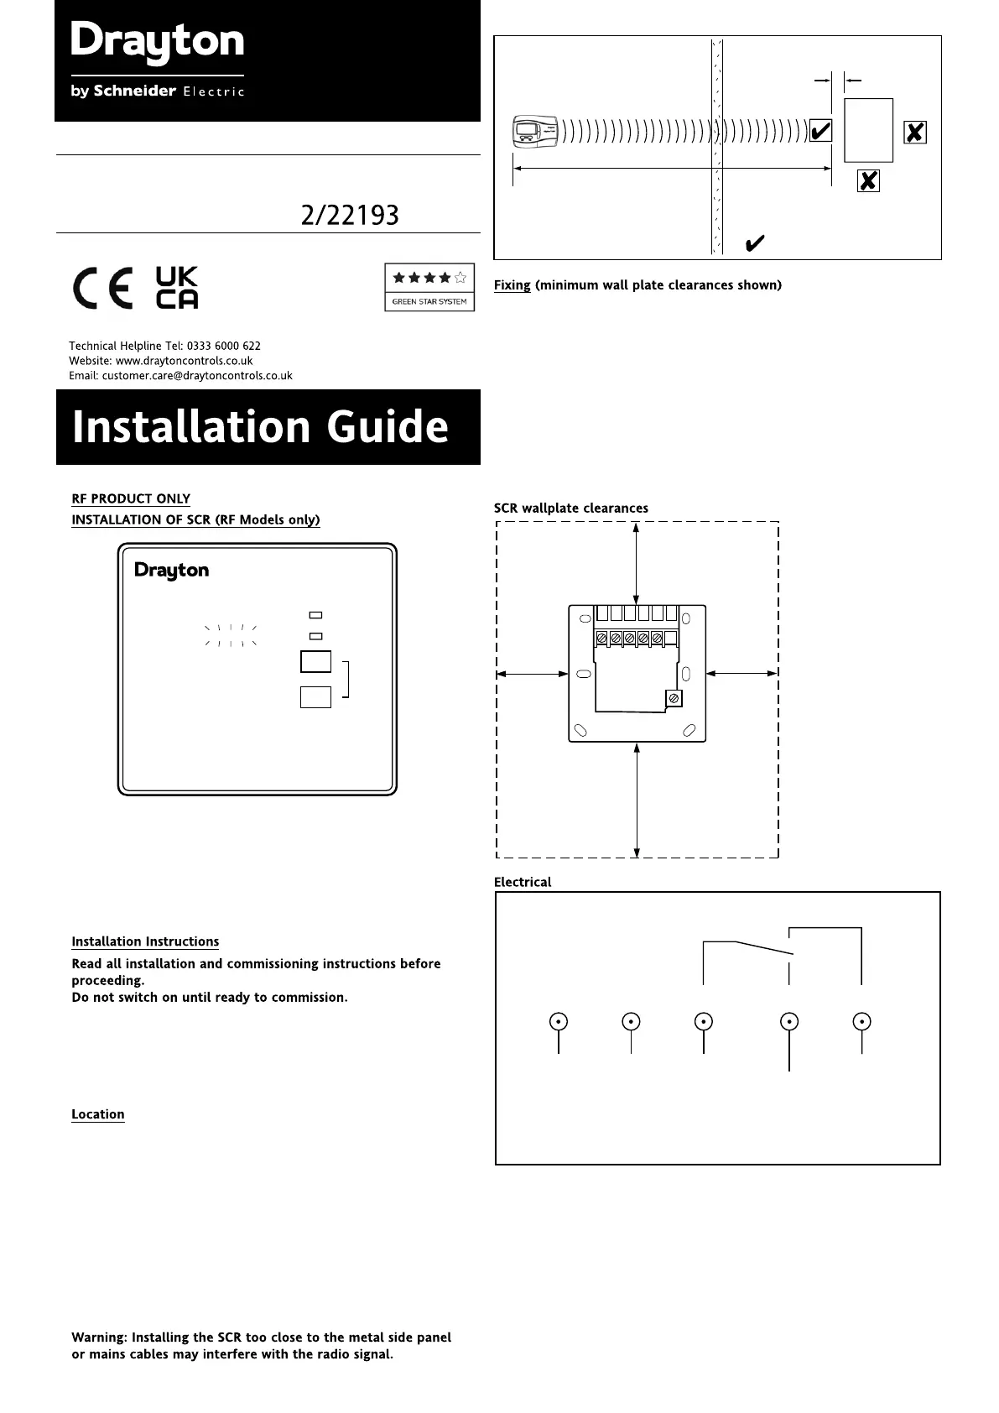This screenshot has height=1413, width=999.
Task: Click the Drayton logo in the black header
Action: tap(158, 43)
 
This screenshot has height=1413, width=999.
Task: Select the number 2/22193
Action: tap(350, 216)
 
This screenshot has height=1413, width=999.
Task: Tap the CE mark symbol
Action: tap(102, 289)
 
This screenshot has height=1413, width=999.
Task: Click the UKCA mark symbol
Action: tap(177, 288)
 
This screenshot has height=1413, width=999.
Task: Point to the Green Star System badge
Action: tap(429, 287)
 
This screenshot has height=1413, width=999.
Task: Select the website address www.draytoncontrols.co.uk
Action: tap(184, 361)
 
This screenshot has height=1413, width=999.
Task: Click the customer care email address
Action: tap(197, 376)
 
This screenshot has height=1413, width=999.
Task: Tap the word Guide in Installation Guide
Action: tap(387, 427)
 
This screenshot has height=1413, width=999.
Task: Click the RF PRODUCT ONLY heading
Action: tap(131, 498)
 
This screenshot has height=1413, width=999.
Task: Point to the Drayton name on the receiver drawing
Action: tap(172, 571)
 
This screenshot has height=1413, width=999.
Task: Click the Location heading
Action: tap(98, 1114)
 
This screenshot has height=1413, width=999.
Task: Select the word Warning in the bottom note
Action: tap(99, 1337)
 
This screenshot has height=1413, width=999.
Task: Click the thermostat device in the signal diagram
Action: tap(535, 132)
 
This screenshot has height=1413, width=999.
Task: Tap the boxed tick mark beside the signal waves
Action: tap(821, 132)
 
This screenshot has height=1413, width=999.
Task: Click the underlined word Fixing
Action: tap(512, 285)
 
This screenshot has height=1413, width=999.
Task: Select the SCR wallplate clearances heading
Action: tap(570, 508)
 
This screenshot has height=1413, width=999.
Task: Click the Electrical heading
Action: tap(523, 883)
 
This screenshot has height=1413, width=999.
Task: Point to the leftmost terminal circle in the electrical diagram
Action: tap(559, 1022)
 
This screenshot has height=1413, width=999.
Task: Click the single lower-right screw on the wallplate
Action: tap(674, 699)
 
